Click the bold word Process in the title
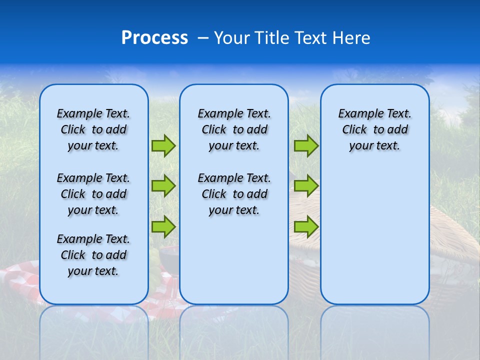[154, 38]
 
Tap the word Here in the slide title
[352, 38]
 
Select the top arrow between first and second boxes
[163, 145]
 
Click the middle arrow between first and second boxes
[163, 186]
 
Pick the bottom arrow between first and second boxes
[163, 226]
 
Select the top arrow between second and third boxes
[305, 145]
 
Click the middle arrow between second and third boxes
[305, 186]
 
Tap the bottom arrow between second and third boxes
[305, 226]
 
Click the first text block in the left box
[93, 129]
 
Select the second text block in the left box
[93, 194]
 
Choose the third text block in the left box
[93, 255]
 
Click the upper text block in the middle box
[234, 129]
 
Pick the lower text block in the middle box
[234, 194]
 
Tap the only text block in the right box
[374, 129]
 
